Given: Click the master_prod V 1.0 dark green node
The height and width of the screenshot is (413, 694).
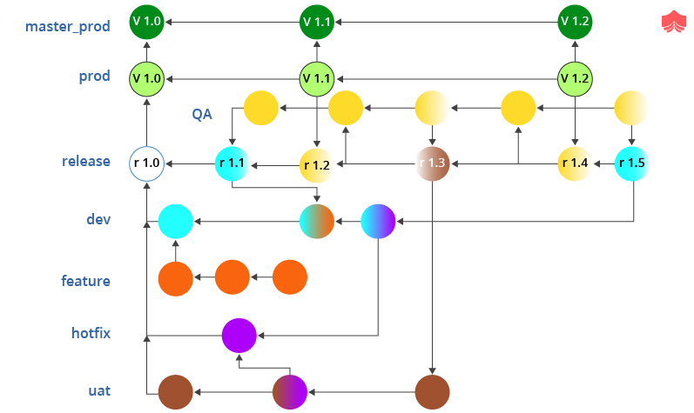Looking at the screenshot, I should pos(146,20).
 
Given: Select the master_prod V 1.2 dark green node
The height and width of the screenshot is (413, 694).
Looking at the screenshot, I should pos(575,20).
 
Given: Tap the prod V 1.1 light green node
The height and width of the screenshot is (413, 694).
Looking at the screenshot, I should pos(317,78).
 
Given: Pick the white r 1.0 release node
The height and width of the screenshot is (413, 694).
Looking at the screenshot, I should pos(146,163).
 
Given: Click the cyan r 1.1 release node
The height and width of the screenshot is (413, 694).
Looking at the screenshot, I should pos(232,163).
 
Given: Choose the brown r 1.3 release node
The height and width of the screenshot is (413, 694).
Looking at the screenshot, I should pos(432,163).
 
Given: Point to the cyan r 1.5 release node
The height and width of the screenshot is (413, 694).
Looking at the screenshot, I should pos(632,163).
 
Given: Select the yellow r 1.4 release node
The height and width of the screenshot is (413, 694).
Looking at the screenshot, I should pos(575,163).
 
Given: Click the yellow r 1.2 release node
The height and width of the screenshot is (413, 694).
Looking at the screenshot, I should pos(317,164).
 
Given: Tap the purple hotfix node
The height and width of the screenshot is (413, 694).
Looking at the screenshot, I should pos(239,334).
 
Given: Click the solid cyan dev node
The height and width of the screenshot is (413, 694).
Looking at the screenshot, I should pos(175,221).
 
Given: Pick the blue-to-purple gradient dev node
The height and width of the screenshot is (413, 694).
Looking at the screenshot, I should pos(378,221).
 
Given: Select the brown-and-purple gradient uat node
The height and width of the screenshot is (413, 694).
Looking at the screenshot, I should pos(290,391).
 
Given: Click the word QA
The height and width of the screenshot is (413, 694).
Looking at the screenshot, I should pos(203,114).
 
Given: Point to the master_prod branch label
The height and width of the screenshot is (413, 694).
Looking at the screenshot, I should pos(68,25).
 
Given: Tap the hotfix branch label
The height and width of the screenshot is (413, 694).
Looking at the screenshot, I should pos(91,332).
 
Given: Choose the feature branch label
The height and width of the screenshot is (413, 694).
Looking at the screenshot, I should pos(85,281).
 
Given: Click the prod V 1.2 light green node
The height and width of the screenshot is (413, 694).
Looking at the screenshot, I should pos(575,78).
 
